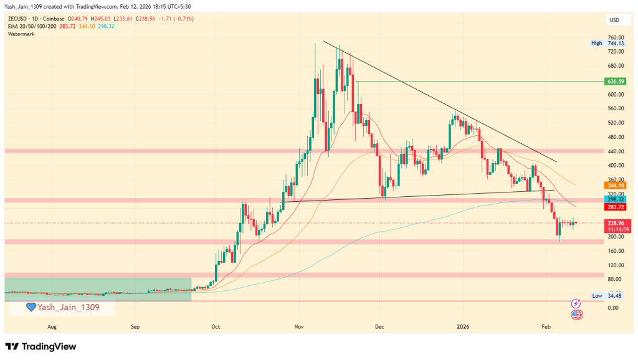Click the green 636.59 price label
(x=615, y=82)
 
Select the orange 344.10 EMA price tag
(x=615, y=185)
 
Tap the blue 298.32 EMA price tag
(x=615, y=198)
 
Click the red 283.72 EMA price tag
(x=615, y=207)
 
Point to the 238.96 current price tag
(x=615, y=222)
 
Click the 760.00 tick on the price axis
(x=616, y=37)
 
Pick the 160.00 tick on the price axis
(x=616, y=251)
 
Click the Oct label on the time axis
(x=216, y=326)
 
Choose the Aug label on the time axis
(x=52, y=326)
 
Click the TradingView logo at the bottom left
(x=40, y=346)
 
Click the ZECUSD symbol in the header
(x=18, y=19)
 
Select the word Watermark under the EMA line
(x=21, y=34)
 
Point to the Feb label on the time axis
(x=546, y=326)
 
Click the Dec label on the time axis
(x=379, y=326)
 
